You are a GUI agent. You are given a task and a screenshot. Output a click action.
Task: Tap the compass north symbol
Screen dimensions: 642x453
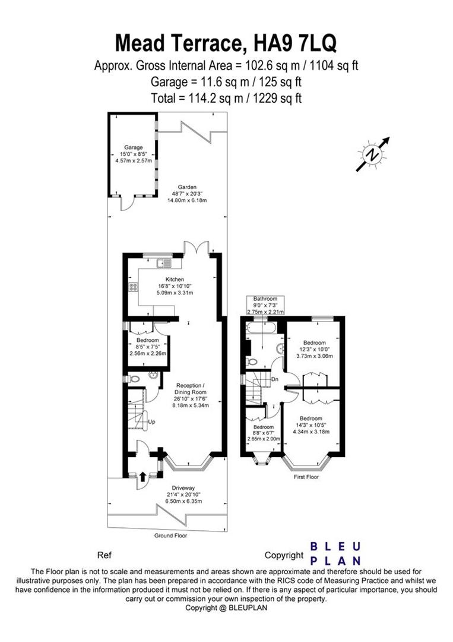click(373, 155)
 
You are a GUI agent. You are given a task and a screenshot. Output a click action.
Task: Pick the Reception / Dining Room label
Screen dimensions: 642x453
click(190, 392)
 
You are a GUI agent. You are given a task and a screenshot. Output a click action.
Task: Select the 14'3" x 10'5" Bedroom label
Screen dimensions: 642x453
click(312, 424)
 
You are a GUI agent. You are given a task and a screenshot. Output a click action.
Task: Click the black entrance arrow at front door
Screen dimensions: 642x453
click(142, 476)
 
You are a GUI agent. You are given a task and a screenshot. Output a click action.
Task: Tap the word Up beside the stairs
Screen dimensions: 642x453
click(151, 421)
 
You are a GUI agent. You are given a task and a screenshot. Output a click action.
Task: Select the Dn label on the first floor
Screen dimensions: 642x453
click(275, 379)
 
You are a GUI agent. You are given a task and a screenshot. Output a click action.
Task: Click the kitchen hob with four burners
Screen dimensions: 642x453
click(134, 287)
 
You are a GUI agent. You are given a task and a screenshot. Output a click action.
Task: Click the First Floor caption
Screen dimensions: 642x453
click(306, 477)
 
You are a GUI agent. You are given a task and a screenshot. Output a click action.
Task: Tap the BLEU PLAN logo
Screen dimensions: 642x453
click(337, 553)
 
